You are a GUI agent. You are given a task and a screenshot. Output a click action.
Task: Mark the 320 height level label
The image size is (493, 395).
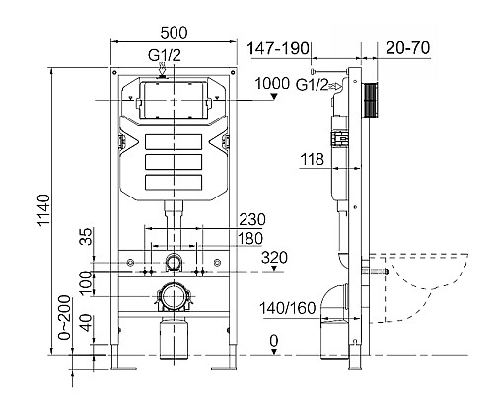274,258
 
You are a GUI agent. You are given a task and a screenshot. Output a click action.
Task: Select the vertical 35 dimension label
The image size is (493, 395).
85,238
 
